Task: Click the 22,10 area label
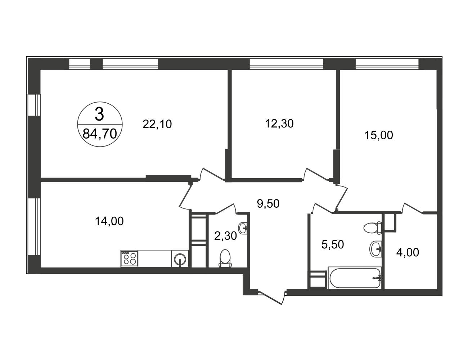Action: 157,124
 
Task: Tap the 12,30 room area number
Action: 279,124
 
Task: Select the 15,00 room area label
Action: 379,135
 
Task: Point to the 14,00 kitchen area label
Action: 109,221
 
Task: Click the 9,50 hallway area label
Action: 268,203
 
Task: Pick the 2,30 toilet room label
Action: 225,236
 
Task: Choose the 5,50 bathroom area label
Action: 333,244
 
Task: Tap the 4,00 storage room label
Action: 408,253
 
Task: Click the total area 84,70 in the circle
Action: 100,134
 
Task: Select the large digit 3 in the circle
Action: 99,114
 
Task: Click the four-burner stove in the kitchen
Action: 129,258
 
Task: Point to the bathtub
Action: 355,278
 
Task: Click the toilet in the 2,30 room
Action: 225,259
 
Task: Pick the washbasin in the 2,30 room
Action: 243,228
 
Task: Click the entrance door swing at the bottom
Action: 271,298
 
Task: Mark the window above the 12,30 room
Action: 287,64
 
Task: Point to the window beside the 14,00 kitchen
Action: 35,226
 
